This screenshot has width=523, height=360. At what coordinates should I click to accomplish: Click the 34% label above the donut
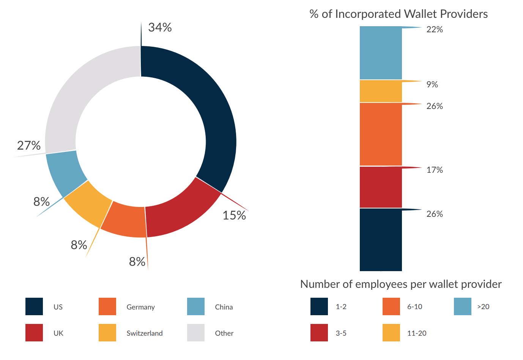tap(160, 27)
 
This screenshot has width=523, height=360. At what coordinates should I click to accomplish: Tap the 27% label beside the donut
tap(29, 145)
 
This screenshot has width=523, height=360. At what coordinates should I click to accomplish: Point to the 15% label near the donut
tap(234, 215)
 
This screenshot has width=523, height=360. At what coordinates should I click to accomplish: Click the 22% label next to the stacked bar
tap(435, 30)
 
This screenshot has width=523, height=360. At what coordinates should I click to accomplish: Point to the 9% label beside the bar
tap(432, 84)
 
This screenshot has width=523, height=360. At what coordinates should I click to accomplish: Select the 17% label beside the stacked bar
tap(435, 170)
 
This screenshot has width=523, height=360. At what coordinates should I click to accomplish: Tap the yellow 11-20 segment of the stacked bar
tap(381, 91)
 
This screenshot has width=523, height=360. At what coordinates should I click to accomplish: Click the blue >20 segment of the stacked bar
tap(381, 53)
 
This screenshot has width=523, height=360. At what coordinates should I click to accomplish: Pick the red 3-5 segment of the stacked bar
tap(381, 187)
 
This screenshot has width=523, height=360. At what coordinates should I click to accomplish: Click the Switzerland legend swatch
tap(107, 333)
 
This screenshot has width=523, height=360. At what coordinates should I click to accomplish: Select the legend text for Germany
tap(140, 307)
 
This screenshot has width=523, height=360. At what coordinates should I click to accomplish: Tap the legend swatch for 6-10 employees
tap(391, 306)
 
